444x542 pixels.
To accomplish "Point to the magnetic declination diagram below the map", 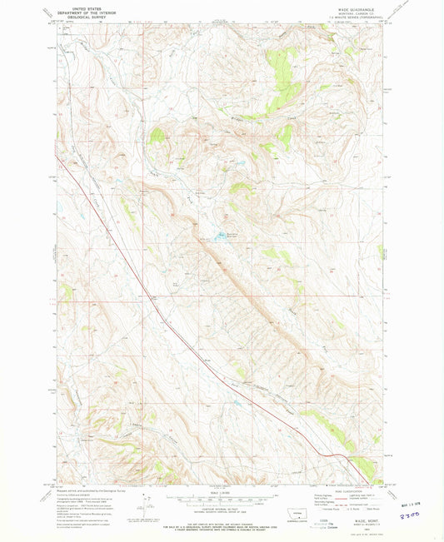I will pyautogui.click(x=147, y=505).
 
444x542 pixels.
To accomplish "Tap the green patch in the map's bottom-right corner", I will pyautogui.click(x=362, y=464).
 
